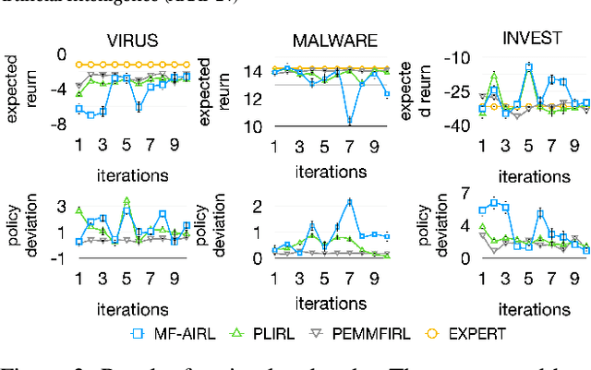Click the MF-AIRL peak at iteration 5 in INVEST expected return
(x=528, y=66)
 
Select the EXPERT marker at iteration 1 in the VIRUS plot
(x=78, y=65)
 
